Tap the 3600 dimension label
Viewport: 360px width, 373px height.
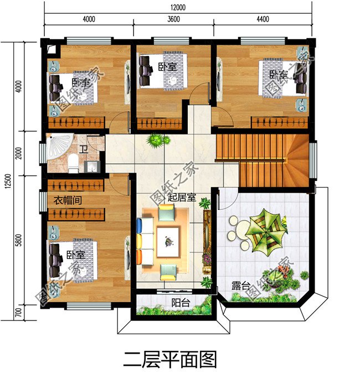click(174, 19)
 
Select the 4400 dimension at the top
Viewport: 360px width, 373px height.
click(262, 19)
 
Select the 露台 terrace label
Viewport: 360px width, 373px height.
click(240, 286)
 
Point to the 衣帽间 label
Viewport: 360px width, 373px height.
click(68, 200)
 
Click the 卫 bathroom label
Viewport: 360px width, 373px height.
click(84, 149)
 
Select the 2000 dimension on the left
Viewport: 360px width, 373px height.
click(19, 153)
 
